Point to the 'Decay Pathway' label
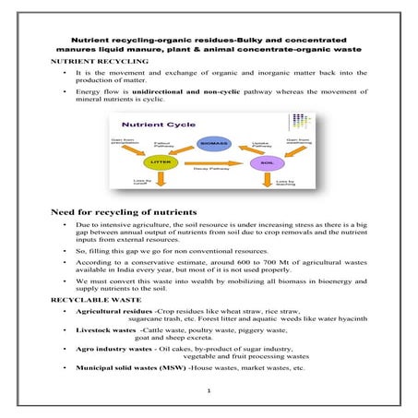point(208,169)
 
